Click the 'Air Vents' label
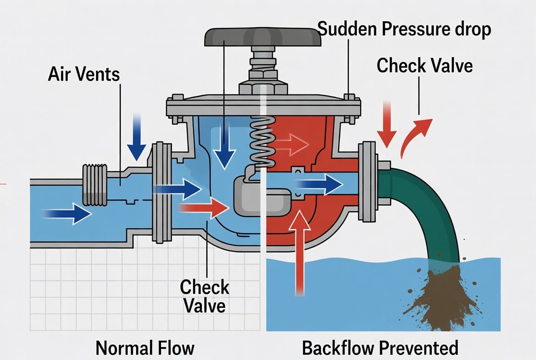[x=84, y=74]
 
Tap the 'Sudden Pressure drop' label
[x=404, y=29]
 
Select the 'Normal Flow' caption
[x=145, y=348]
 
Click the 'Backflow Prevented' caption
[x=380, y=348]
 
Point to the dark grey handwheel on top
[x=263, y=37]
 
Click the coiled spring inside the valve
[x=263, y=142]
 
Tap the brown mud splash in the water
[x=441, y=296]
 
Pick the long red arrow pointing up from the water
[x=300, y=253]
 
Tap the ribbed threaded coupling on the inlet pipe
[x=95, y=185]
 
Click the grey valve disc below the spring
[x=262, y=197]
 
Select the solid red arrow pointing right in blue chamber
[x=204, y=208]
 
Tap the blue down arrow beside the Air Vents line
[x=136, y=137]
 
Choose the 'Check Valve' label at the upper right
[x=425, y=65]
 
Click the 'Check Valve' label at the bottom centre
[x=204, y=296]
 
